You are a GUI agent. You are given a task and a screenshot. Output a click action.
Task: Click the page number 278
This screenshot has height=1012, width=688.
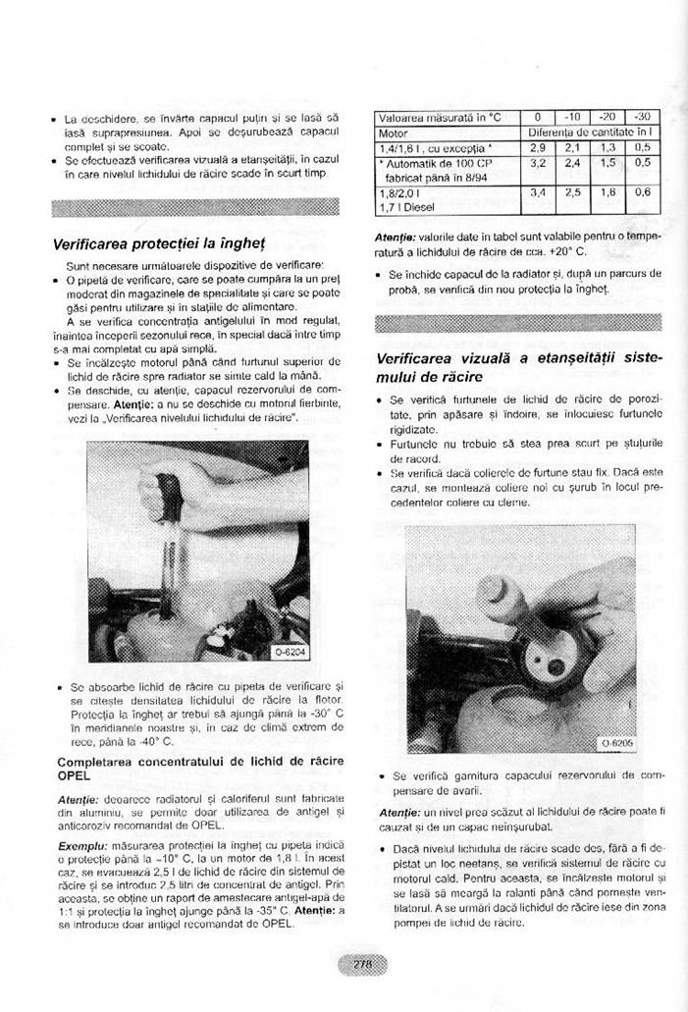click(362, 964)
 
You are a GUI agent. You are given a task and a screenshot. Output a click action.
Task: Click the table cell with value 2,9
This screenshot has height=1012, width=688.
click(537, 146)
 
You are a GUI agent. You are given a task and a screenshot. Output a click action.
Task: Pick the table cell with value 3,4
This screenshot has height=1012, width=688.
click(537, 192)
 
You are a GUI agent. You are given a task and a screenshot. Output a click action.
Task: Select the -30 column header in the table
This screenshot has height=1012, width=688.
click(643, 117)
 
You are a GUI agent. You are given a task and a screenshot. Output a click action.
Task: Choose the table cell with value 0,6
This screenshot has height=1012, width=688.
click(643, 192)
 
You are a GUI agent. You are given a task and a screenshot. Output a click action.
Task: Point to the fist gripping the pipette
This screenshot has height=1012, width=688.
click(168, 482)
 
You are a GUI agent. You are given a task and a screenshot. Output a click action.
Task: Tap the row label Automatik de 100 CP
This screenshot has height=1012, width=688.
click(433, 162)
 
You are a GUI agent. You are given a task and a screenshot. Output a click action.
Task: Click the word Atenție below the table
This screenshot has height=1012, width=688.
click(398, 236)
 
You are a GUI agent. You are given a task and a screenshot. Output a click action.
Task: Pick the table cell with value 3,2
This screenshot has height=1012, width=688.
click(537, 162)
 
